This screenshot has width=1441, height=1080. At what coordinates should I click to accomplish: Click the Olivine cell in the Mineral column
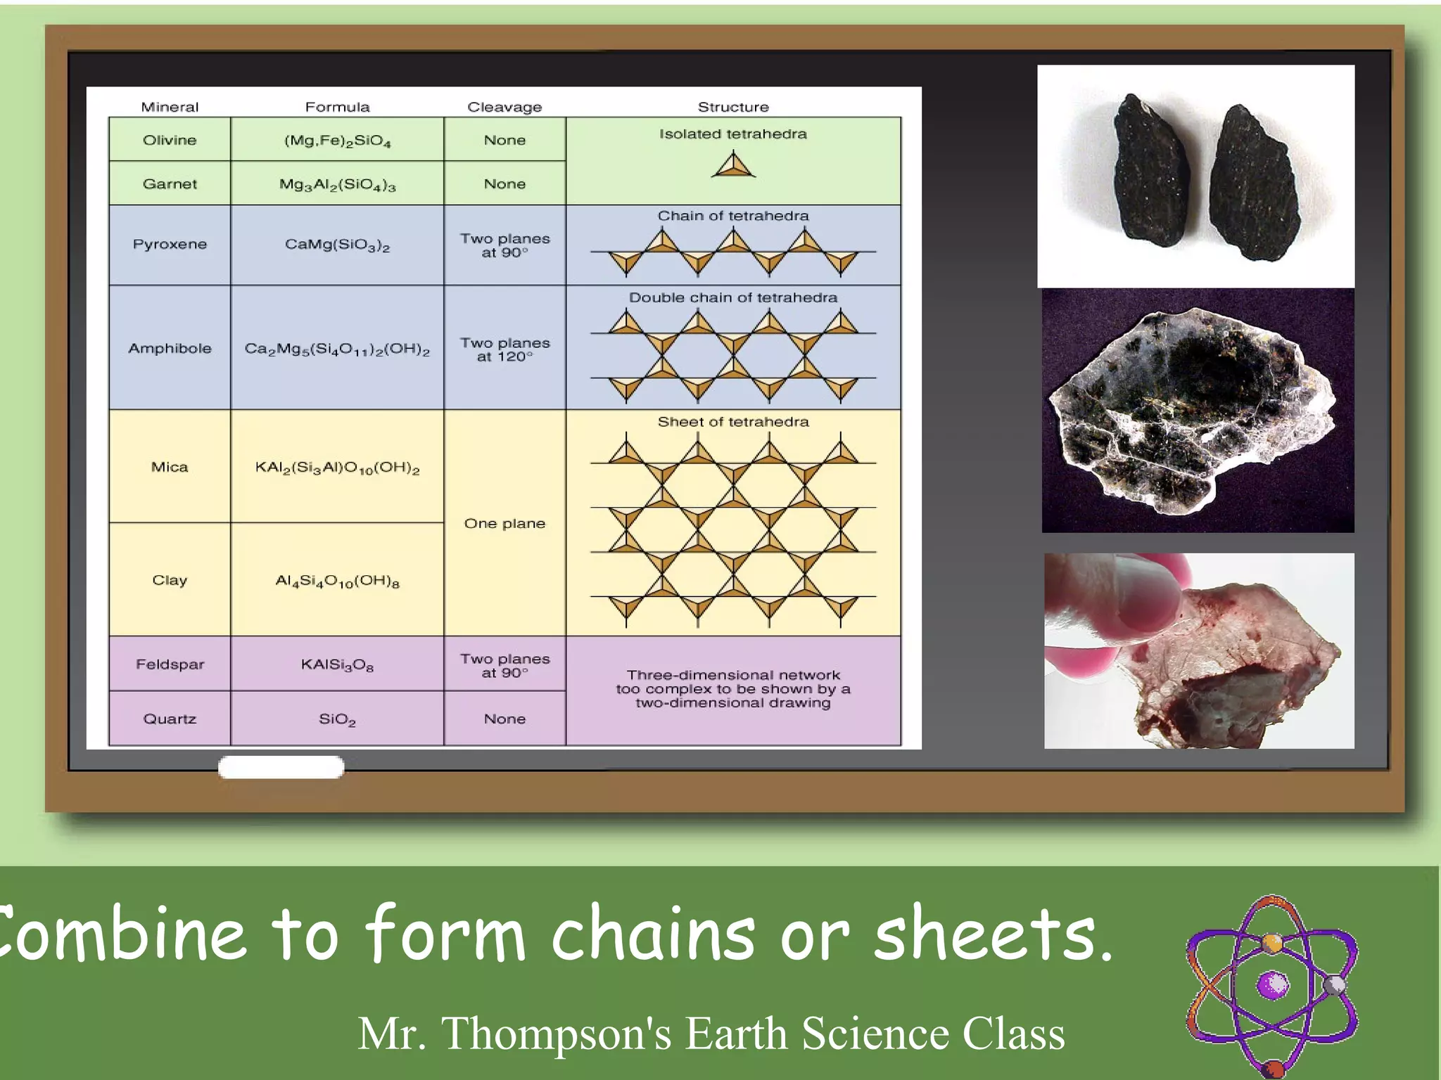(170, 140)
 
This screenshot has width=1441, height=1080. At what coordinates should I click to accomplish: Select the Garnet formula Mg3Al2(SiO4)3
(337, 184)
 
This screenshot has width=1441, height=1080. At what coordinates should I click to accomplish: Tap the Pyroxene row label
(170, 245)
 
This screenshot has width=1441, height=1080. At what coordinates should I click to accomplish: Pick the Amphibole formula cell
(337, 349)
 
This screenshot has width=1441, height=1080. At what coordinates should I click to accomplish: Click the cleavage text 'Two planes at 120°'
(504, 349)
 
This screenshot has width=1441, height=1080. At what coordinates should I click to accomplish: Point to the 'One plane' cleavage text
(504, 524)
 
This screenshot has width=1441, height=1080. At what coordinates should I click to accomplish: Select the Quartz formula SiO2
(337, 719)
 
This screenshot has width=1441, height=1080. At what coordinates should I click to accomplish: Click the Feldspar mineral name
(170, 664)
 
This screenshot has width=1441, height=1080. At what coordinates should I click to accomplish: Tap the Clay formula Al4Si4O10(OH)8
(337, 581)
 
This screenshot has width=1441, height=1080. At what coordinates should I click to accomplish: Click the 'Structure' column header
(733, 107)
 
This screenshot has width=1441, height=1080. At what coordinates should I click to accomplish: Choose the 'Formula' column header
(337, 107)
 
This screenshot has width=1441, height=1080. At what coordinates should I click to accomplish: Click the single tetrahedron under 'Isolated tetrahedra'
(733, 166)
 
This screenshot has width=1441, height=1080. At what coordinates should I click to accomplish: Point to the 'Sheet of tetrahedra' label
(733, 422)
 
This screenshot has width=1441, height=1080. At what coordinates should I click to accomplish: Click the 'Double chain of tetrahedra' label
(733, 297)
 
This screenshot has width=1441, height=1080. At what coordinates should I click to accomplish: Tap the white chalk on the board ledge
(281, 767)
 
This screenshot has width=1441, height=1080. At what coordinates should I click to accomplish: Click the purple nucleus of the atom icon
(1273, 984)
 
